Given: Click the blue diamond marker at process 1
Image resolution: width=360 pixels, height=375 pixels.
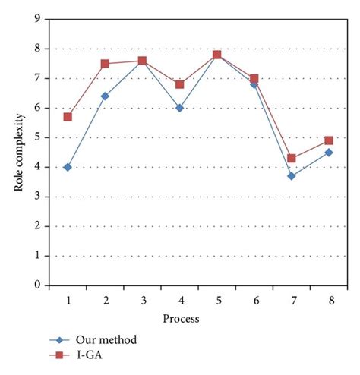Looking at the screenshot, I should pyautogui.click(x=68, y=167).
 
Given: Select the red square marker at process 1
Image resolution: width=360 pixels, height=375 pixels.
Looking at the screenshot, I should pyautogui.click(x=68, y=117).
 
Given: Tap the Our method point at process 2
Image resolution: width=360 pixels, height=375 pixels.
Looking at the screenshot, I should pyautogui.click(x=105, y=96).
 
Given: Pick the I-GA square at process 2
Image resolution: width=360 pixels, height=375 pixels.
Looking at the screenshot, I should pyautogui.click(x=105, y=64).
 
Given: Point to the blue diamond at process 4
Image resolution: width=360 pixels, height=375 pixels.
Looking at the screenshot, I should pyautogui.click(x=179, y=108).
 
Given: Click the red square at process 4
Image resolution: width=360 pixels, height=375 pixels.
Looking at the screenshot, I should pyautogui.click(x=179, y=84).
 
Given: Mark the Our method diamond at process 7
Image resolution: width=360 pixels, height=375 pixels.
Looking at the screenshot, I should pyautogui.click(x=291, y=176).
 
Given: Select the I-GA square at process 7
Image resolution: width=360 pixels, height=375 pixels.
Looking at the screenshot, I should pyautogui.click(x=291, y=158).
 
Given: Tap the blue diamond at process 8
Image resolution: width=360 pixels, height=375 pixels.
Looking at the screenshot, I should pyautogui.click(x=328, y=152).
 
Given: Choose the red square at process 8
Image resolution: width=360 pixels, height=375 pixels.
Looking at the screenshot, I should pyautogui.click(x=328, y=140).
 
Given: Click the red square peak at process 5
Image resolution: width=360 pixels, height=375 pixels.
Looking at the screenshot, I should pyautogui.click(x=216, y=55).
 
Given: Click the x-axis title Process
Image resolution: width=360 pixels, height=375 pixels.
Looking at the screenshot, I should pyautogui.click(x=180, y=319).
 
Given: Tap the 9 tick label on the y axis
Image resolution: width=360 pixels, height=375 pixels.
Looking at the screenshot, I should pyautogui.click(x=37, y=19).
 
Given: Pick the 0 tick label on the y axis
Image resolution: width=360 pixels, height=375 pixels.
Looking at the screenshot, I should pyautogui.click(x=37, y=285).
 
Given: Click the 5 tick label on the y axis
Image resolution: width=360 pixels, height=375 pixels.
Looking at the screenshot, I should pyautogui.click(x=37, y=137).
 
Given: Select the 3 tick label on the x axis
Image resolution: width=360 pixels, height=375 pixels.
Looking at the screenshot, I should pyautogui.click(x=142, y=301).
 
